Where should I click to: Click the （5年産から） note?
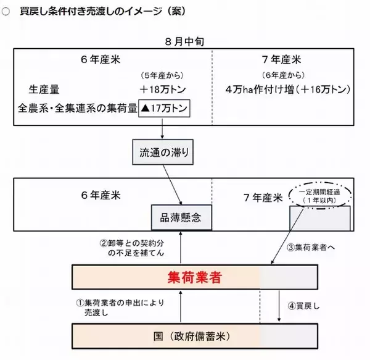162,76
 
